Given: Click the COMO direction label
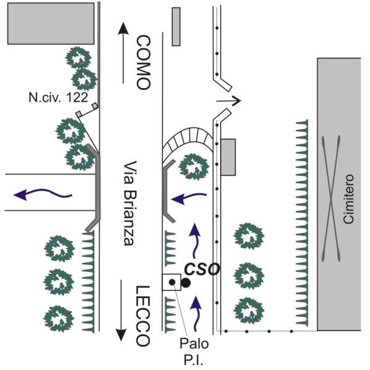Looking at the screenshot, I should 142,63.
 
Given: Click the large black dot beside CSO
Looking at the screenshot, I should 186,282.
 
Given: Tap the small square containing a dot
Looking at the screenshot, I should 171,282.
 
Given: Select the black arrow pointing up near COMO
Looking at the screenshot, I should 123,52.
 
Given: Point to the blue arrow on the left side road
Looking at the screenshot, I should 43,195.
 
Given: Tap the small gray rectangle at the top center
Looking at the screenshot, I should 176,27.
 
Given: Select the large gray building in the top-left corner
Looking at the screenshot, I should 50,23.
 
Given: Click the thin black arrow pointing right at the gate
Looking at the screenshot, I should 229,99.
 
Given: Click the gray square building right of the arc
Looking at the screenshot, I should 228,157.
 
